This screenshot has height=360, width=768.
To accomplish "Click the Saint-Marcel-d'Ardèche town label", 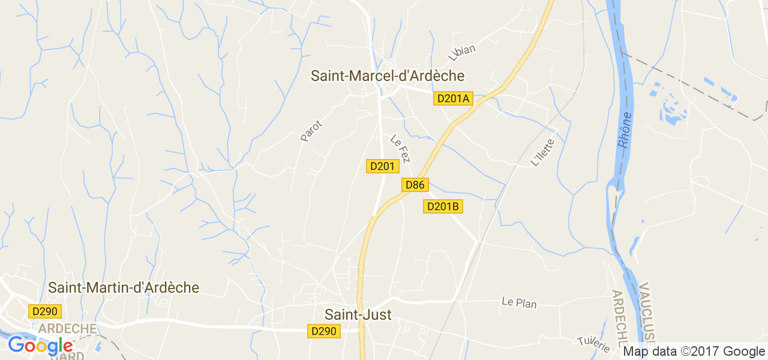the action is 388,76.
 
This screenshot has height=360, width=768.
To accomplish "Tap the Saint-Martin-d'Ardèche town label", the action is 124,288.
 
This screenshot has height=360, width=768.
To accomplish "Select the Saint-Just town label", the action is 358,314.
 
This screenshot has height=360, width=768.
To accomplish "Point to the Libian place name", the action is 462,53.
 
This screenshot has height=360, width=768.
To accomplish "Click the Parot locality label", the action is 311,131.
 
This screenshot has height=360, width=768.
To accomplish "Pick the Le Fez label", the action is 400,148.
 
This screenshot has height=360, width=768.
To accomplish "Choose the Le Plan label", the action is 519,302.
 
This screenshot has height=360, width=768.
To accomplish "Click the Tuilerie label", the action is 593,344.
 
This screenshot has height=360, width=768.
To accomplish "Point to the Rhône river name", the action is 625,130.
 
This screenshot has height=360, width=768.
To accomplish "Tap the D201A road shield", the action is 453,98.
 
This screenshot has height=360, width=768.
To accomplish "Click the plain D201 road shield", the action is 382,166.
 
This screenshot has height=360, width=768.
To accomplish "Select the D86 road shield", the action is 415,185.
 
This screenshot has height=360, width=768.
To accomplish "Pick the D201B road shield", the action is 443,206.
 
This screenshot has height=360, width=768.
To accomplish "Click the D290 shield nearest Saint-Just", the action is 324,331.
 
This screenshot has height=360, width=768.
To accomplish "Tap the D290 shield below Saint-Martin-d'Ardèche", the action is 44,311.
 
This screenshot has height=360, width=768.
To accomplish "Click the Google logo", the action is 40,346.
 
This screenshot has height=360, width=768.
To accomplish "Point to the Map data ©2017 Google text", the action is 694,352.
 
